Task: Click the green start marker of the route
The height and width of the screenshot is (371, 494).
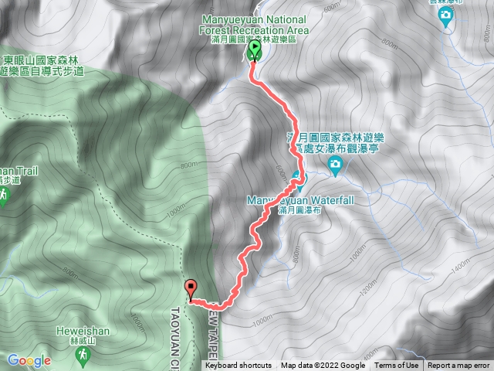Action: coord(255,51)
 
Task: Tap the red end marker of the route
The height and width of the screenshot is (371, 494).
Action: coord(191,289)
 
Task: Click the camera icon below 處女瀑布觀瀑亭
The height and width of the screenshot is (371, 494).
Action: coord(335,164)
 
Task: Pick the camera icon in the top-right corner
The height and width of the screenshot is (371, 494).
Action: coord(445,15)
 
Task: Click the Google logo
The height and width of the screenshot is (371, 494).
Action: coord(29,360)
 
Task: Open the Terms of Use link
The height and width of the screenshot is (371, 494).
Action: coord(397,366)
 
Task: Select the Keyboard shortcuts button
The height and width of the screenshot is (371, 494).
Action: coord(239,366)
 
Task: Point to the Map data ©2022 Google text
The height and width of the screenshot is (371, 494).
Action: coord(323,366)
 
